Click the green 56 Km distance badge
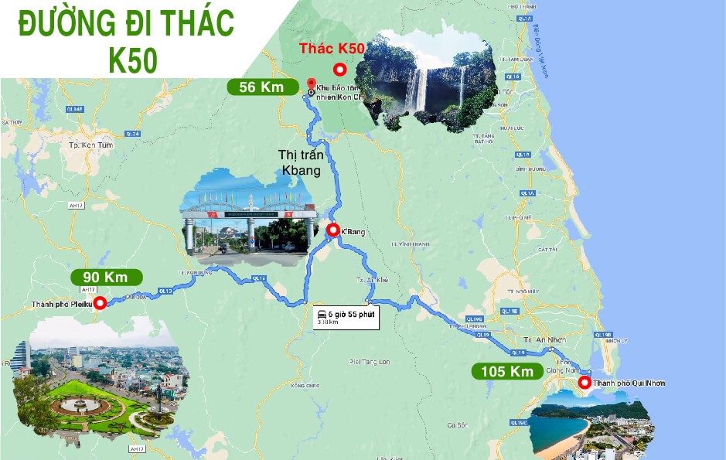coord(262,87)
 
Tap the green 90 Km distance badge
coord(106,277)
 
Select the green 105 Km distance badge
coord(507,372)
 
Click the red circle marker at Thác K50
coord(339,70)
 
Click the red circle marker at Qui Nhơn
coord(585,382)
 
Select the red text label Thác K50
coord(332,49)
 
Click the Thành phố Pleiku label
coord(62,305)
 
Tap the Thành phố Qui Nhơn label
coord(629,383)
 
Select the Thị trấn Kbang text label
coord(300,162)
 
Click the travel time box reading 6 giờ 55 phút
coord(346,317)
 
